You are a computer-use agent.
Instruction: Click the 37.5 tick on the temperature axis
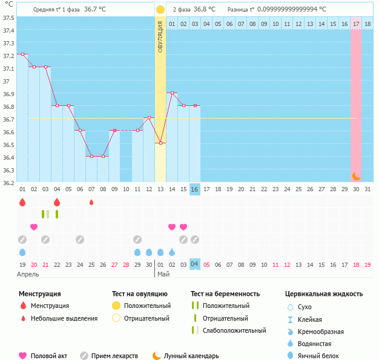click(x=8, y=18)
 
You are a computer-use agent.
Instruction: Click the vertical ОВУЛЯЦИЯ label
click(x=160, y=36)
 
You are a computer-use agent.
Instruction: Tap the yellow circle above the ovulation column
click(x=160, y=10)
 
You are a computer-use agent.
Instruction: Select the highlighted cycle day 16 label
click(x=194, y=189)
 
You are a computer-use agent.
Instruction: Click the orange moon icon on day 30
click(x=357, y=176)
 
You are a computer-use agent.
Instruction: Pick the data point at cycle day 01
click(x=22, y=54)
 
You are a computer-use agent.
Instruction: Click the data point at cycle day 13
click(x=160, y=143)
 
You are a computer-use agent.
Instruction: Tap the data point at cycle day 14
click(x=172, y=93)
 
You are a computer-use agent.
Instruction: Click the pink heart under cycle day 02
click(x=34, y=227)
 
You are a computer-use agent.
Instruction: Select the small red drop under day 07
click(x=91, y=202)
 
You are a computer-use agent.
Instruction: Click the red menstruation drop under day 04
click(x=57, y=202)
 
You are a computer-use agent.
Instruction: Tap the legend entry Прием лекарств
click(x=114, y=356)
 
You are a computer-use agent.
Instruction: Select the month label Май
click(x=163, y=274)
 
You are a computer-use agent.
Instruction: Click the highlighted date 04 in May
click(x=194, y=264)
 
